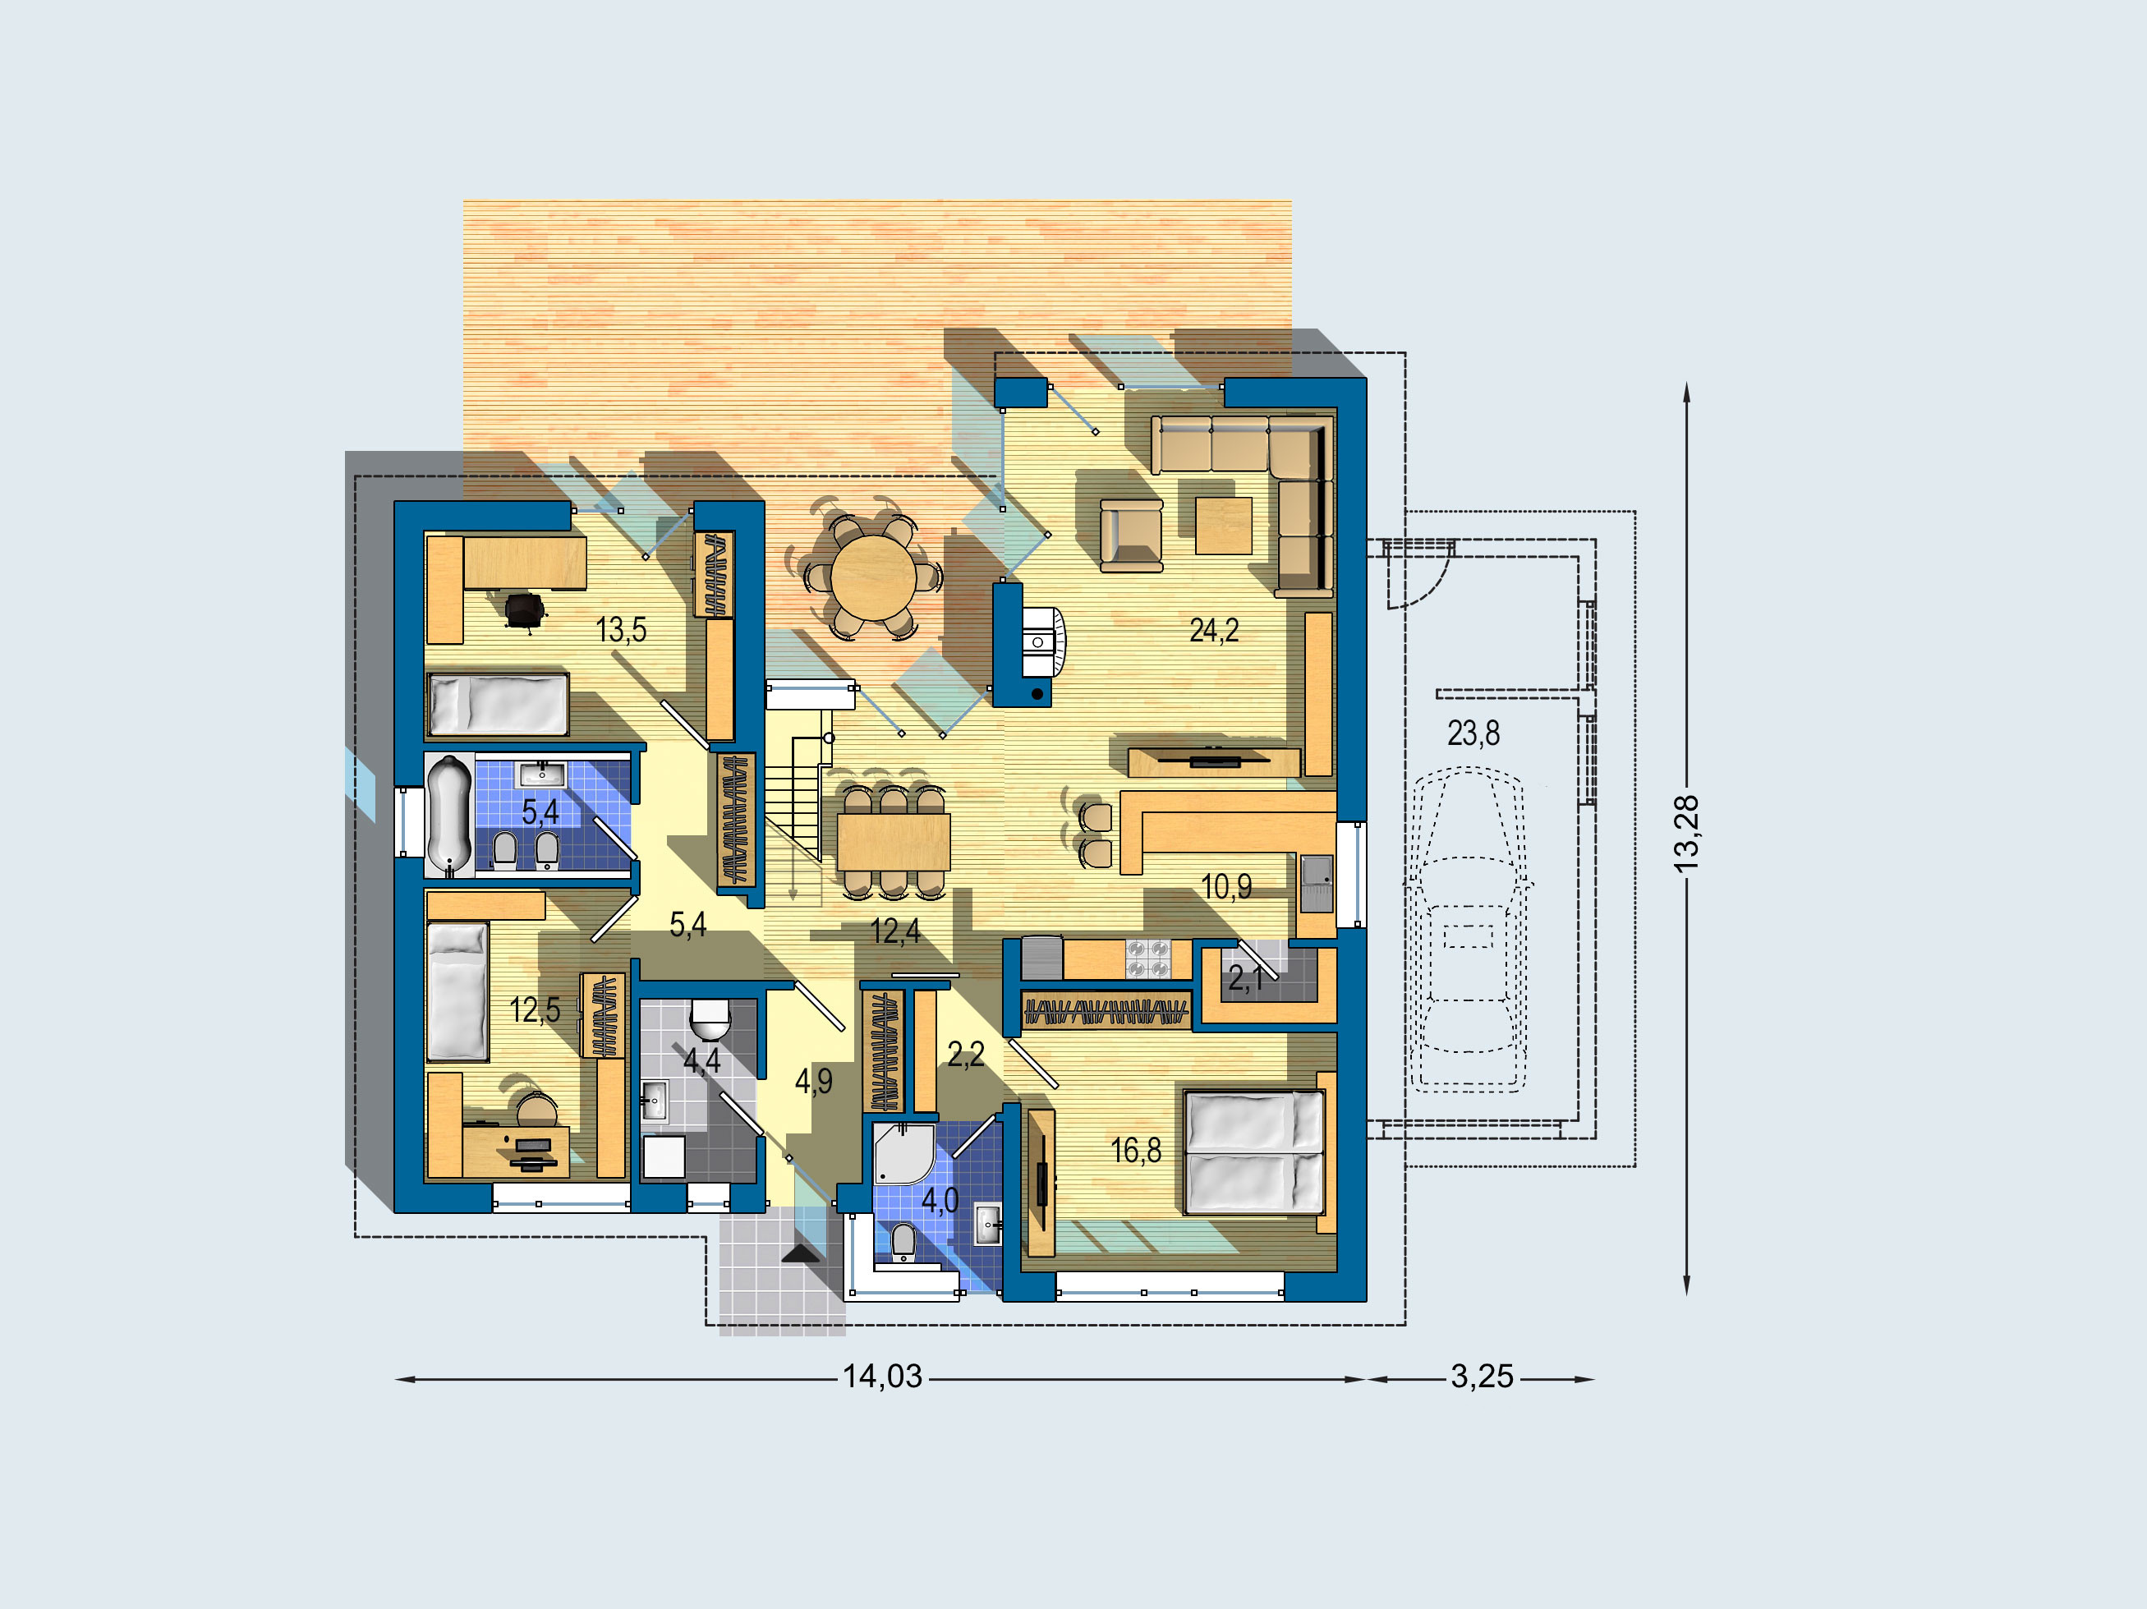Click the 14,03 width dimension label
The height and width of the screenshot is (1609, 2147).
pos(882,1376)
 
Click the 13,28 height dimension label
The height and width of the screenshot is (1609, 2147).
pos(1687,834)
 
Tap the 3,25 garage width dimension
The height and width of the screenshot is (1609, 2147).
pos(1483,1376)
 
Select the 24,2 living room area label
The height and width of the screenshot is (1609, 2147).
pos(1214,631)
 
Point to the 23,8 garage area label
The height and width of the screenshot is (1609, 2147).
pos(1473,733)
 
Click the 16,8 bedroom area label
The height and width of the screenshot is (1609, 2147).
pos(1136,1151)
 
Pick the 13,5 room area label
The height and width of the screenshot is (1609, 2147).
pos(621,630)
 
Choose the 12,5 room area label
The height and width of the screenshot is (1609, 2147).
pos(535,1010)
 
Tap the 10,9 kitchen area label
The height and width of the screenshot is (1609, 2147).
pos(1226,886)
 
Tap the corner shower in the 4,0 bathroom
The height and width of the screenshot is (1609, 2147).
pos(903,1153)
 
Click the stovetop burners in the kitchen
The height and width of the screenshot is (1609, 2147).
pos(1147,959)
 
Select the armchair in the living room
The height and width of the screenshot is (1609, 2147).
pos(1131,536)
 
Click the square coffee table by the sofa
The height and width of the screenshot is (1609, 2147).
pos(1223,525)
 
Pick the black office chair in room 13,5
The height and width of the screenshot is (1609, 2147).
pos(525,611)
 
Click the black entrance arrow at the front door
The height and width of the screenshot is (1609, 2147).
pos(801,1254)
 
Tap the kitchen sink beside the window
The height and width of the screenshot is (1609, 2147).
pos(1316,883)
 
